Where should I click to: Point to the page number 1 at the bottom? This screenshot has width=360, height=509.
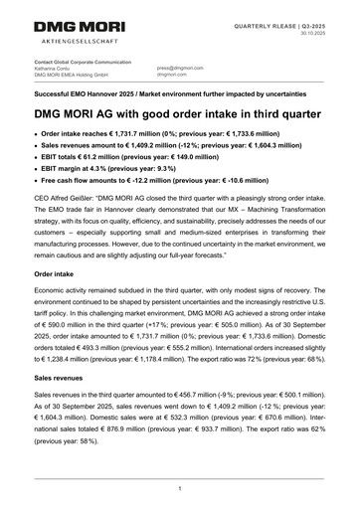179,488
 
